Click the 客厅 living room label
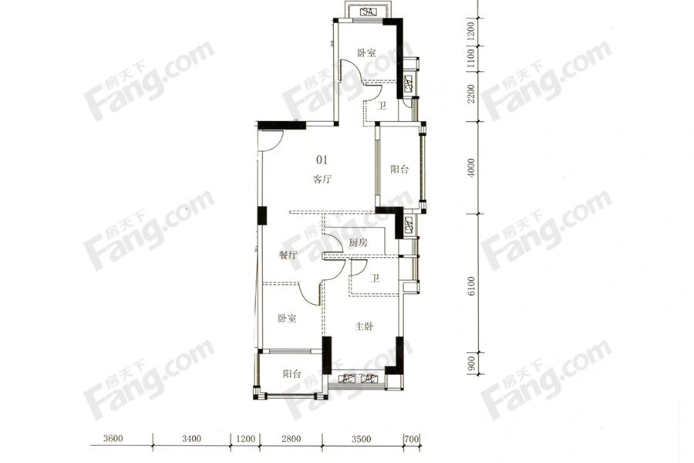tap(322, 180)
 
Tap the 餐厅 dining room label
tap(288, 255)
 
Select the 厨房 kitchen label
tap(358, 243)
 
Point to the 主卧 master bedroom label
tap(364, 326)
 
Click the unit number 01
tap(322, 159)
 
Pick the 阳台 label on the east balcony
tap(399, 169)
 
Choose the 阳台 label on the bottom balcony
tap(291, 374)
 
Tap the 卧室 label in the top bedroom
tap(366, 53)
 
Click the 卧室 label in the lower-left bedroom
tap(287, 318)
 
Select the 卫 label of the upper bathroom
tap(381, 106)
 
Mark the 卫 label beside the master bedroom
tap(375, 279)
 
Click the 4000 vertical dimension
tap(471, 168)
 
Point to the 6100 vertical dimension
tap(471, 286)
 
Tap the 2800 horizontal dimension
tap(291, 438)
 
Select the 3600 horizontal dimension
tap(113, 438)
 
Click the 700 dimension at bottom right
tap(412, 438)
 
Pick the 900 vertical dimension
tap(471, 363)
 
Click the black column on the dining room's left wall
tap(262, 216)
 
